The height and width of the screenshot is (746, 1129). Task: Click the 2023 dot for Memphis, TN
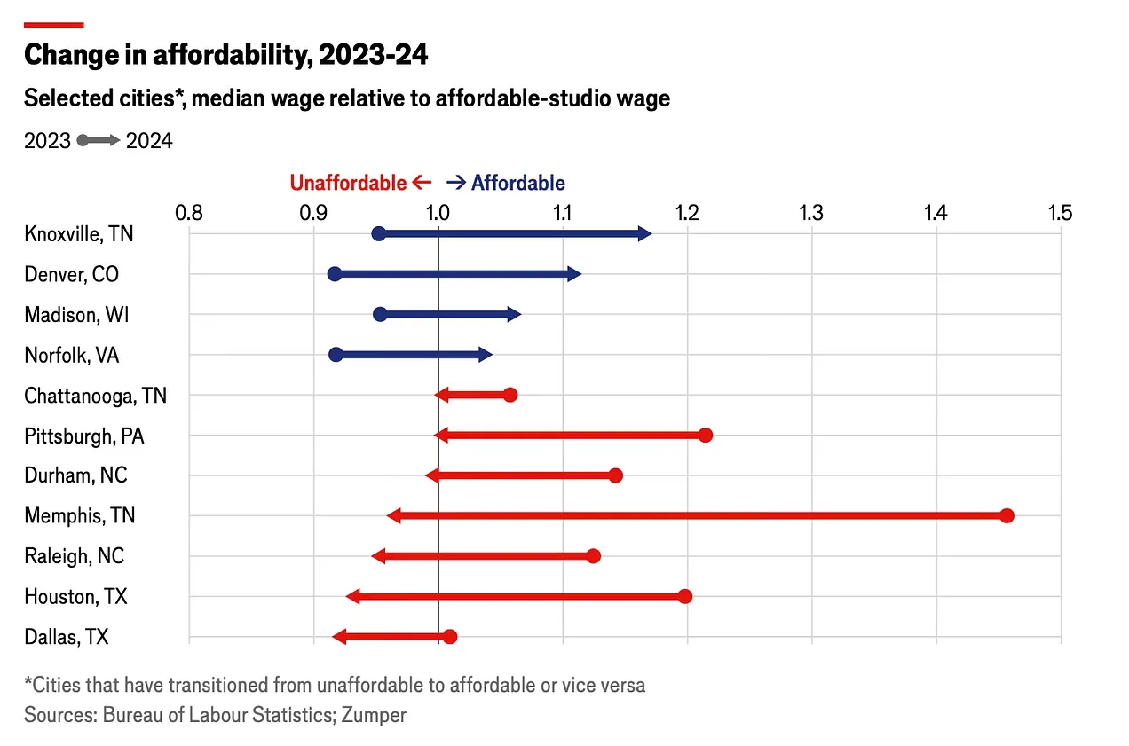(1006, 516)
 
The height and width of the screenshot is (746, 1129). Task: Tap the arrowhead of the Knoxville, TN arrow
(645, 234)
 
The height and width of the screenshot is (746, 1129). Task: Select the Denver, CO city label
(71, 274)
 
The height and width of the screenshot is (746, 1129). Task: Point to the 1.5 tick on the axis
(1060, 212)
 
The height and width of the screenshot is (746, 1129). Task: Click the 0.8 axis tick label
(188, 212)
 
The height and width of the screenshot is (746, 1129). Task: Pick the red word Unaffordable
(348, 183)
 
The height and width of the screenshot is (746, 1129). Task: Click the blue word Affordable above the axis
(517, 183)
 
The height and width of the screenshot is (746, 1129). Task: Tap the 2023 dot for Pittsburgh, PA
(705, 435)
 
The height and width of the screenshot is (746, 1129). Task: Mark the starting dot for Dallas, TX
(449, 637)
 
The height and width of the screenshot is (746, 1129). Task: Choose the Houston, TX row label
(75, 596)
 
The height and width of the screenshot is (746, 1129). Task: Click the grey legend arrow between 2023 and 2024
(99, 140)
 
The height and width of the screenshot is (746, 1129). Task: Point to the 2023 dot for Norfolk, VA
(336, 355)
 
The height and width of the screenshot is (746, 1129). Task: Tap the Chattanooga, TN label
(95, 395)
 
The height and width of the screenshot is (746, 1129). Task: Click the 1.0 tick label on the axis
(438, 212)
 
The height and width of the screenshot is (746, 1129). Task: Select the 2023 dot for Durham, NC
(615, 475)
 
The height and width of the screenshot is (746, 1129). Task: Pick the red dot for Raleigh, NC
(593, 556)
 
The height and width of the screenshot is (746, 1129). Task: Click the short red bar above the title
(53, 25)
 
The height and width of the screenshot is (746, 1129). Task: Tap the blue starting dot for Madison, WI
(380, 314)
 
